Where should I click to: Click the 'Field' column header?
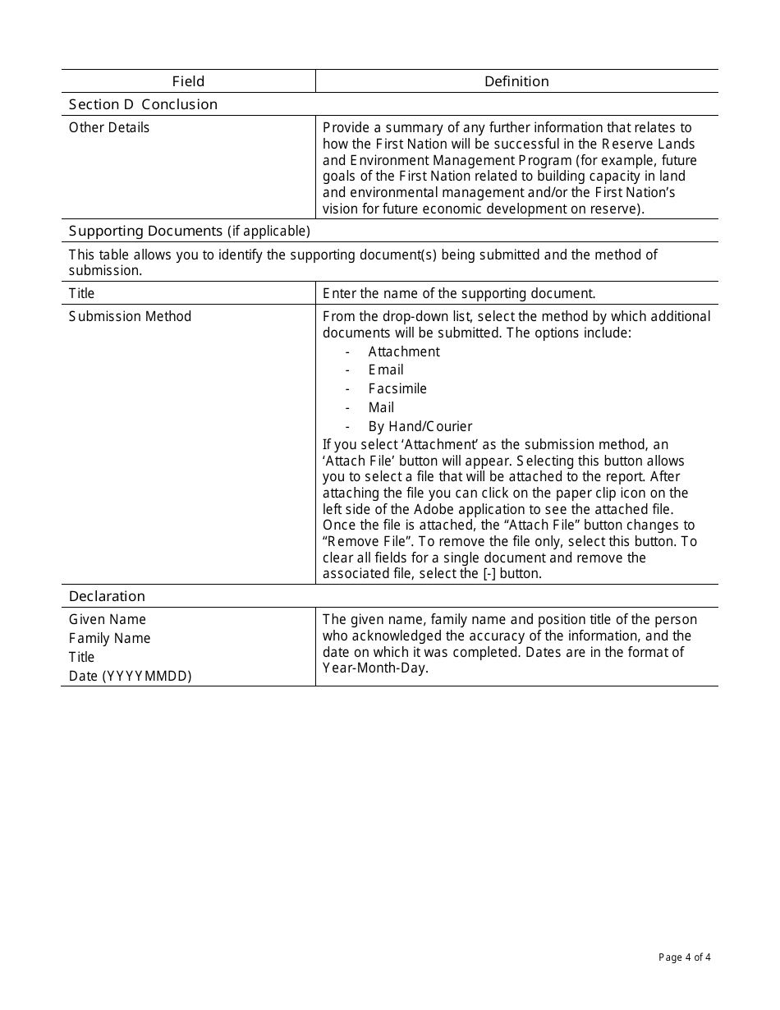[x=188, y=81]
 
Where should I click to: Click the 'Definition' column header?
[x=516, y=81]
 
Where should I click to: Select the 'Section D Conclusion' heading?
[x=143, y=104]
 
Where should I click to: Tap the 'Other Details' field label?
[x=109, y=127]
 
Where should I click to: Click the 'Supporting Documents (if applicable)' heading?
[x=189, y=231]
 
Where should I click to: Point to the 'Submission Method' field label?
[x=130, y=316]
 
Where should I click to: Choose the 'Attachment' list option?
[x=403, y=351]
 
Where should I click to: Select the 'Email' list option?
[x=385, y=370]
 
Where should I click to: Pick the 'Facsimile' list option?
[x=397, y=388]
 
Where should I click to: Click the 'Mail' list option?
[x=381, y=407]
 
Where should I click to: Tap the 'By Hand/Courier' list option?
[x=420, y=426]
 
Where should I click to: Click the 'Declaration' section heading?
[x=107, y=596]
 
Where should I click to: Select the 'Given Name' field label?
[x=108, y=619]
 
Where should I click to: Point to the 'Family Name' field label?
[x=109, y=638]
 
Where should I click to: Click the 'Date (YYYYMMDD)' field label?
[x=130, y=676]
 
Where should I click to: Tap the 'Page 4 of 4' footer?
[x=684, y=957]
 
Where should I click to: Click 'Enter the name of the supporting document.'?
[x=459, y=293]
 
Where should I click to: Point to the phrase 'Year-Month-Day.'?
[x=375, y=668]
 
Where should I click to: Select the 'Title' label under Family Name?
[x=81, y=657]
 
